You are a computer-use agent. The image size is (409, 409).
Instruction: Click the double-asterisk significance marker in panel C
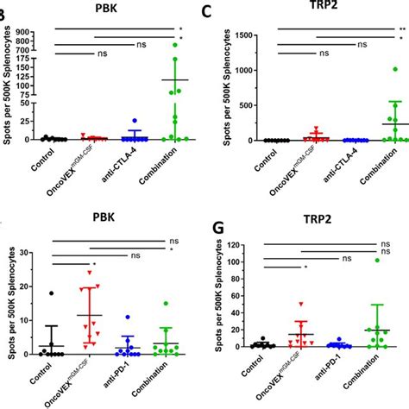pos(401,29)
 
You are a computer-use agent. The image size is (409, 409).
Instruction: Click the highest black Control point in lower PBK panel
pos(51,294)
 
